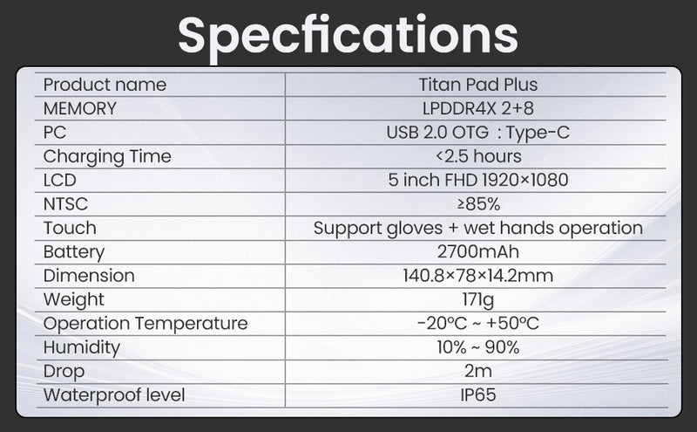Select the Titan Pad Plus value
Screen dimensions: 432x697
pos(478,86)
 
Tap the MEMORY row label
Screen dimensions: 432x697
pos(79,109)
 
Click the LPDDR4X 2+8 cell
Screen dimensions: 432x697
pos(478,109)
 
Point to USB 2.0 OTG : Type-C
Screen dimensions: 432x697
pos(478,133)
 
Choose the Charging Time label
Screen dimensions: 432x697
pos(107,157)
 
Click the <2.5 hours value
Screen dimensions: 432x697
pos(478,157)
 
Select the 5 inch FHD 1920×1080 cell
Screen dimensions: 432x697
pos(478,181)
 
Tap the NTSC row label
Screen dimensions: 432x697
pos(66,204)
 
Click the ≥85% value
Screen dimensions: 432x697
pos(478,204)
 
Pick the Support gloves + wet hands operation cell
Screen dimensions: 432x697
pos(478,229)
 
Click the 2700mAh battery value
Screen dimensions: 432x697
pos(478,252)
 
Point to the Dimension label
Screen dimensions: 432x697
pos(89,276)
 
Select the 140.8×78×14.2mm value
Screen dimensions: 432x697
pos(478,276)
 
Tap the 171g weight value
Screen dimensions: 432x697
pos(478,299)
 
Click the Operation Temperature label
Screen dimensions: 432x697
pos(145,324)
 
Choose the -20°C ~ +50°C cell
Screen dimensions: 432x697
pos(478,324)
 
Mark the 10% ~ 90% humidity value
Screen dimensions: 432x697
pos(478,347)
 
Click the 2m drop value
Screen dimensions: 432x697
pos(478,371)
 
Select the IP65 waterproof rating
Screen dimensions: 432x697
pos(478,394)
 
